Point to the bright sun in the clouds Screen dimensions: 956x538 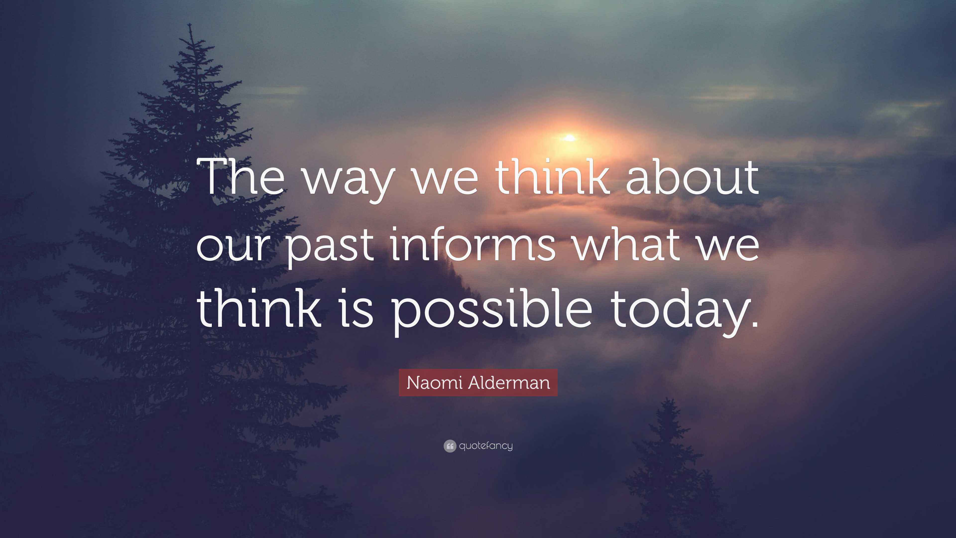coord(570,138)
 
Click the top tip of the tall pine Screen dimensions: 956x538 coord(190,24)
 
